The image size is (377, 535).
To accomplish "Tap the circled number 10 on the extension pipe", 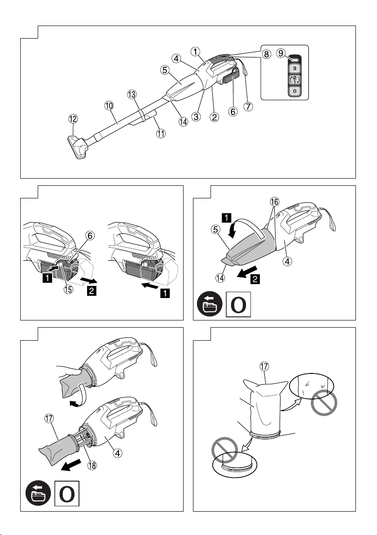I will [109, 105].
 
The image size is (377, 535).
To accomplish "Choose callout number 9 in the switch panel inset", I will [281, 53].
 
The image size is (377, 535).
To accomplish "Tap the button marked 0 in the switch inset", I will [294, 91].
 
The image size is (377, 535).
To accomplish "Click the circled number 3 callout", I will [196, 116].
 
